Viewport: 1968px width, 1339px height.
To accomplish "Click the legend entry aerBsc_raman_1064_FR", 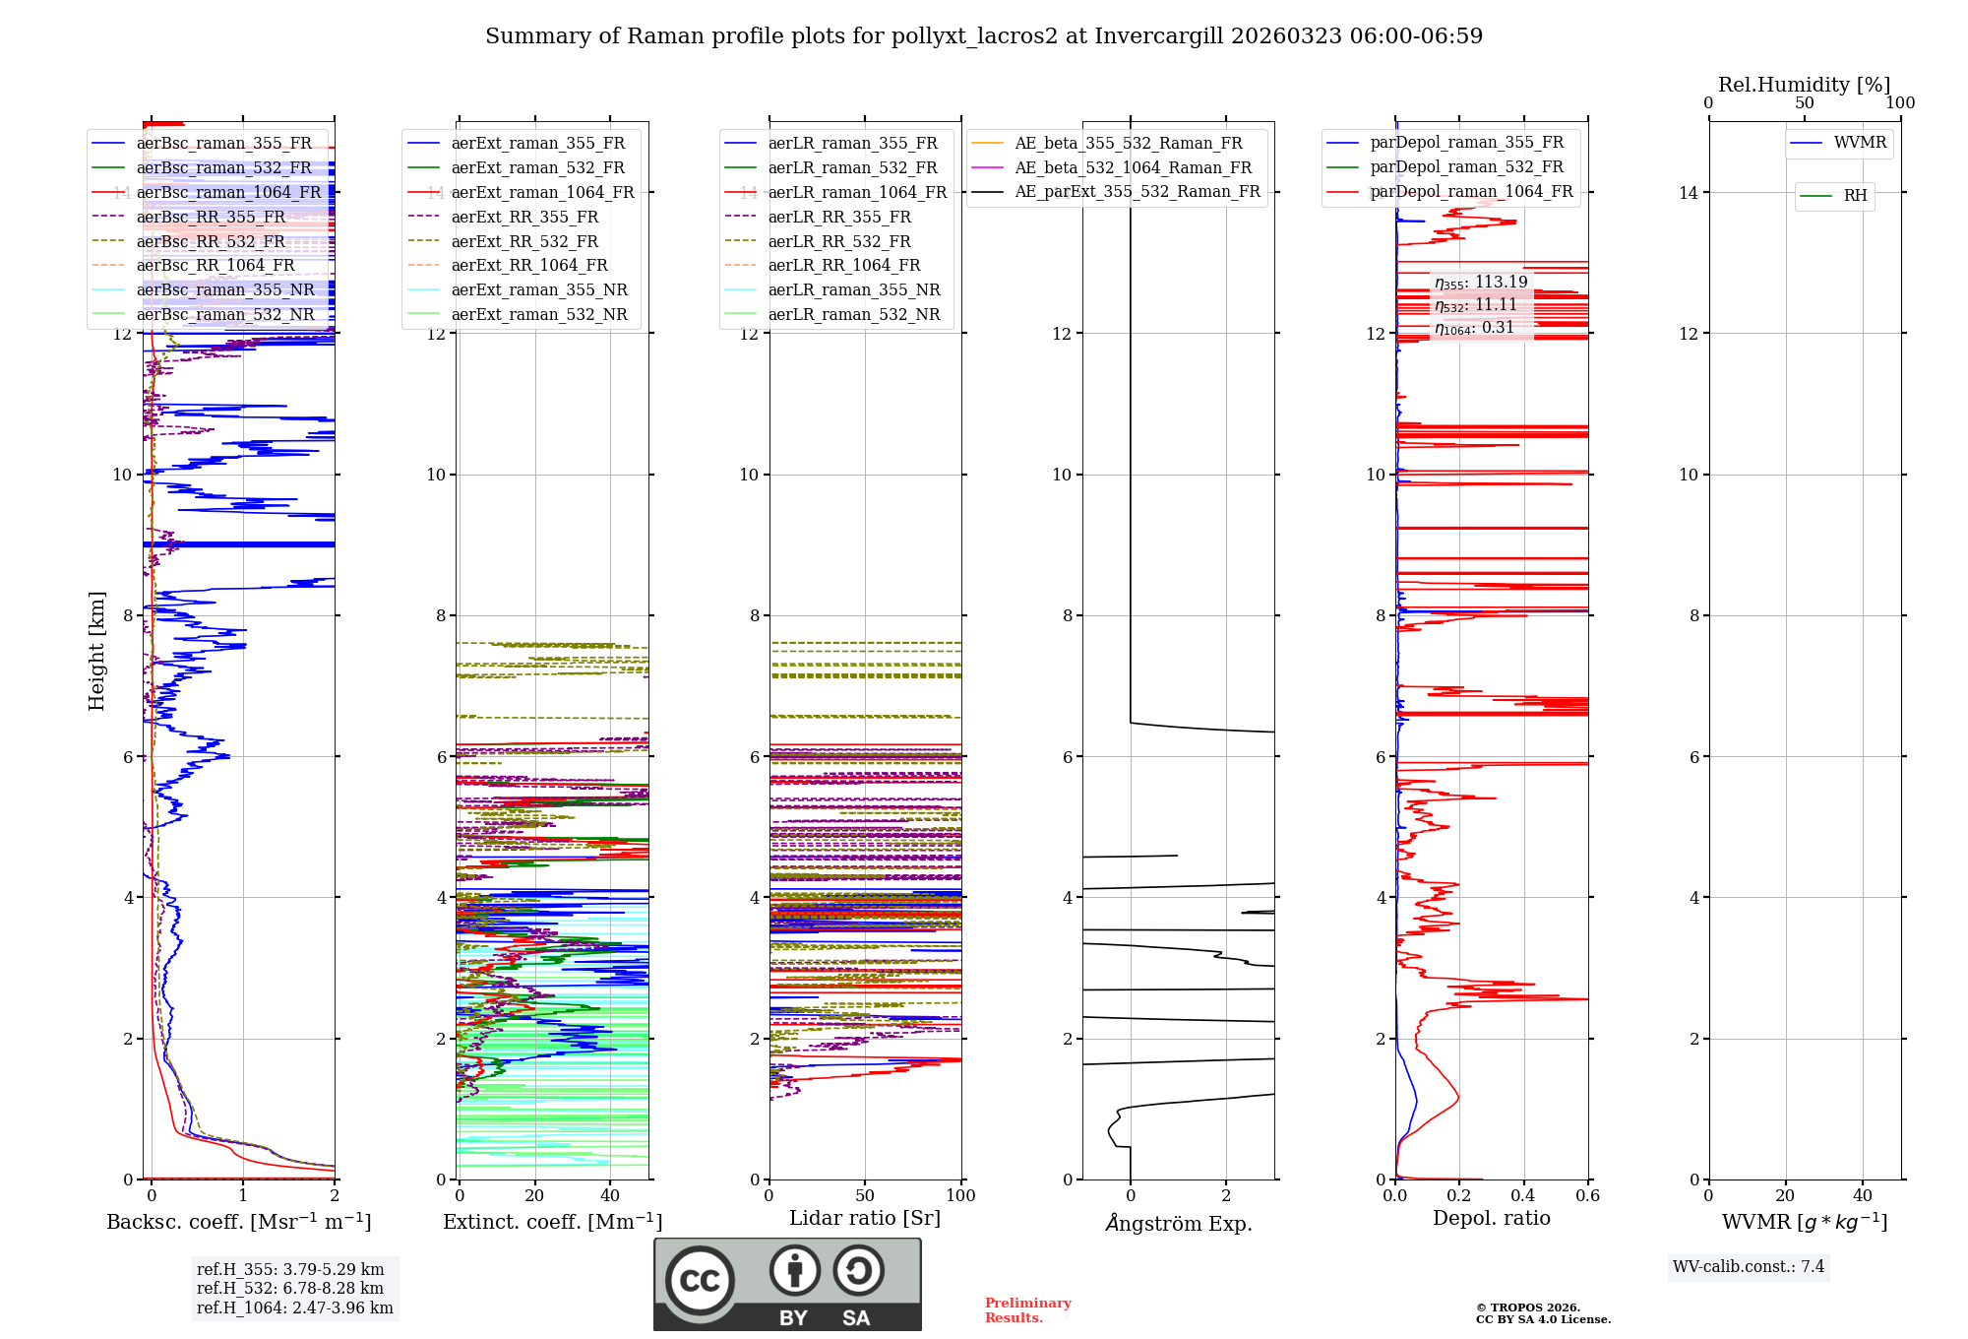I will (228, 192).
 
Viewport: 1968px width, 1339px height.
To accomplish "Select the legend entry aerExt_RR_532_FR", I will (524, 241).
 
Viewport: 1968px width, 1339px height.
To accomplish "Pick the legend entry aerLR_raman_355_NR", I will (853, 289).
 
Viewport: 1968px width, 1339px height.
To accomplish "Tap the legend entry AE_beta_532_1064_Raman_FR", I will (1133, 167).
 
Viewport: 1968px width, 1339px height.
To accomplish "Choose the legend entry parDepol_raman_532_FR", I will (1466, 167).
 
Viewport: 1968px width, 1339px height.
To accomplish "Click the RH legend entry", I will (1855, 196).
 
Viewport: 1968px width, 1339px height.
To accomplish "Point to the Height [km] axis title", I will (96, 651).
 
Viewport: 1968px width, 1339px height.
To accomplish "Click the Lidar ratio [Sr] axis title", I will (865, 1218).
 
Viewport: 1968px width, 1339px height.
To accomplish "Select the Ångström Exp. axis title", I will (1179, 1223).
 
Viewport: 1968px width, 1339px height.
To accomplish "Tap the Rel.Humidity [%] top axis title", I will (1804, 85).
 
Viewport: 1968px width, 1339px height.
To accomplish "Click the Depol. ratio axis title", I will (1491, 1218).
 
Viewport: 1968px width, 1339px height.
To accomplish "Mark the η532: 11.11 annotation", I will (1476, 305).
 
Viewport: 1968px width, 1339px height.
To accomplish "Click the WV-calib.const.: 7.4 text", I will (1749, 1266).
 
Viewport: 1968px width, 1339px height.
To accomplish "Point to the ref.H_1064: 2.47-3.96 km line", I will (294, 1307).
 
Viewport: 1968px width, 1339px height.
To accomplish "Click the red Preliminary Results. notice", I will (1027, 1310).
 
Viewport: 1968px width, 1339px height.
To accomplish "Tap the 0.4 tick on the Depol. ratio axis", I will (1523, 1195).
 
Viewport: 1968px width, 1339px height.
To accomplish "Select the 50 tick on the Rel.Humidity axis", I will (1805, 103).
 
